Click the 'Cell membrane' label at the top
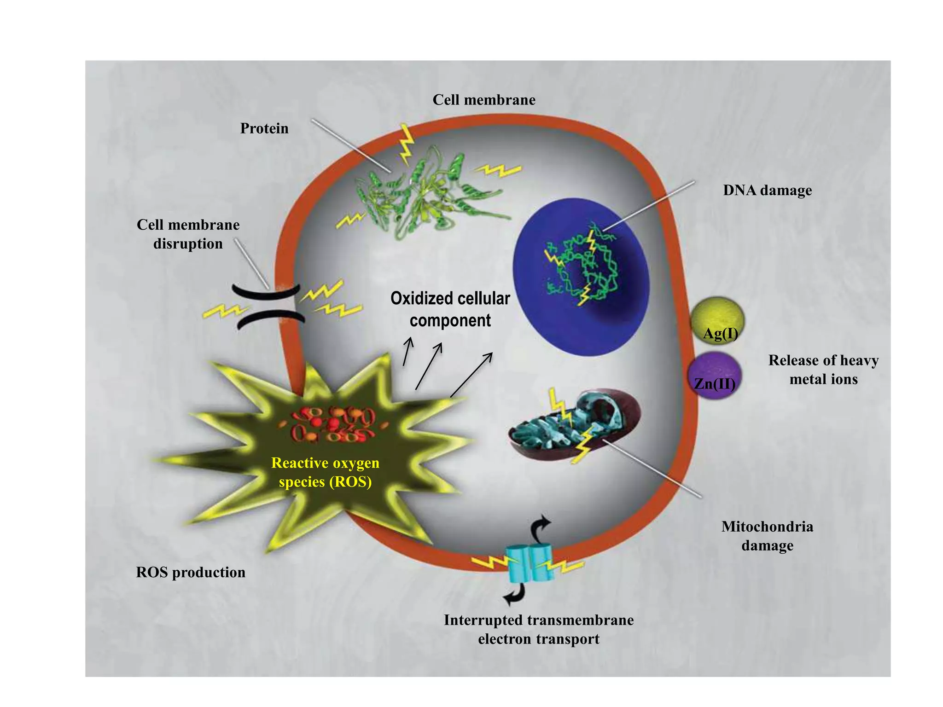coord(484,100)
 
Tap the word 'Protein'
coord(264,128)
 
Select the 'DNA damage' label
coord(767,190)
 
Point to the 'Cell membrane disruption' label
coord(188,234)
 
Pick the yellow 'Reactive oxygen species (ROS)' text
coord(325,472)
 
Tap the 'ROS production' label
coord(191,572)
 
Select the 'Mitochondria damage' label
coord(767,536)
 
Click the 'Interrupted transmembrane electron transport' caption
coord(538,629)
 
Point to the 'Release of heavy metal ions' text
coord(823,369)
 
